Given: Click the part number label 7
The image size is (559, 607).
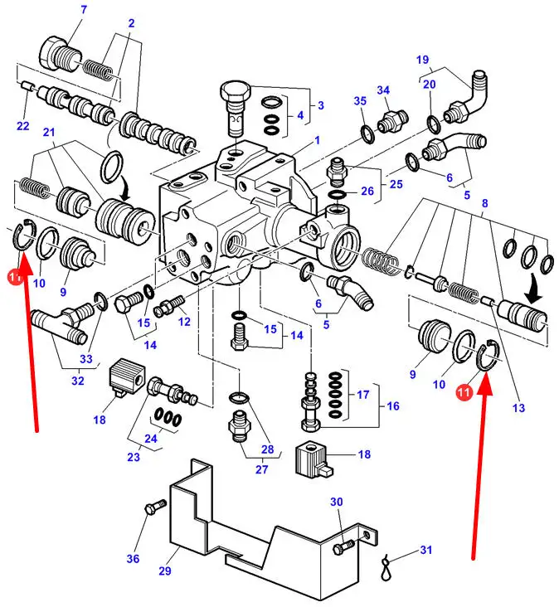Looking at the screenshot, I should [x=83, y=10].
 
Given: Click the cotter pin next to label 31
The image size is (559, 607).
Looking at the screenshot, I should [x=386, y=567].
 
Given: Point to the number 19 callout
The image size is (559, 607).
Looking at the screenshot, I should [x=422, y=60].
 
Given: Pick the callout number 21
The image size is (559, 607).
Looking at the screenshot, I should [x=49, y=133].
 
